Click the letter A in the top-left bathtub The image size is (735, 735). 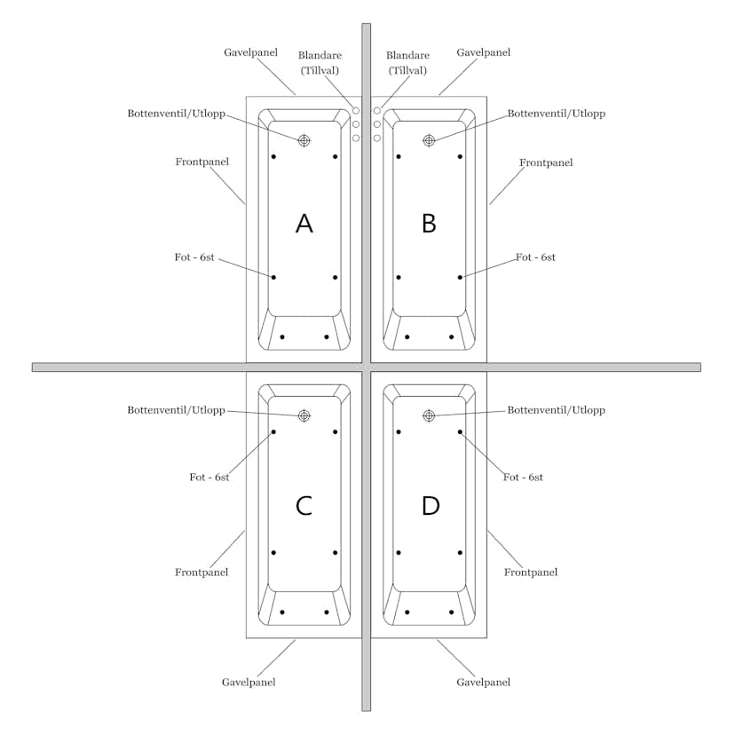(x=304, y=223)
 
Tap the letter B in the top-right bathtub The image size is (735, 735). (x=429, y=223)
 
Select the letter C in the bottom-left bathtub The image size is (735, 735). (x=304, y=506)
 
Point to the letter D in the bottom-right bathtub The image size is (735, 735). (x=431, y=506)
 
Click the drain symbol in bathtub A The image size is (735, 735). (x=304, y=140)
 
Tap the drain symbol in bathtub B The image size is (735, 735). (x=429, y=140)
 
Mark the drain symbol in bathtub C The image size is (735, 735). (x=304, y=415)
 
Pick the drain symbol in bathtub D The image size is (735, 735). (x=429, y=415)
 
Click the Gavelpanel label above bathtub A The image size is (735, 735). (x=251, y=52)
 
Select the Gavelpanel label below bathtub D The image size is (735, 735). (x=483, y=682)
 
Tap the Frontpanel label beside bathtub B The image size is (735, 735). (x=546, y=162)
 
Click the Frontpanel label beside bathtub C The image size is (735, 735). (x=202, y=572)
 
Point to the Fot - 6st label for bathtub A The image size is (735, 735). (x=194, y=257)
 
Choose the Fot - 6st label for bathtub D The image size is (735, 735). (x=523, y=478)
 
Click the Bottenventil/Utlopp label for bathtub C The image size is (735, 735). (x=177, y=410)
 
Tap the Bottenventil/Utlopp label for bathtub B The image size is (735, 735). (x=557, y=114)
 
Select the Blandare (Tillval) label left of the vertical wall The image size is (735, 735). (x=320, y=63)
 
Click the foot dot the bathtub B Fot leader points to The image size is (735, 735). (x=460, y=278)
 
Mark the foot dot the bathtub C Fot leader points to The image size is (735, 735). (x=273, y=431)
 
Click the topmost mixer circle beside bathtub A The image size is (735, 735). (x=356, y=111)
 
